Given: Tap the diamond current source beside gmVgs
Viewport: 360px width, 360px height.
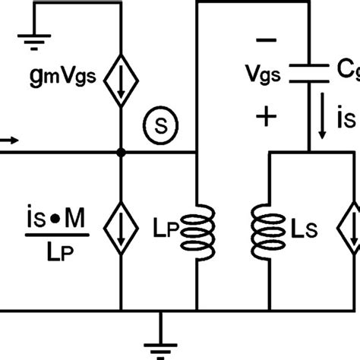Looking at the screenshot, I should point(122,77).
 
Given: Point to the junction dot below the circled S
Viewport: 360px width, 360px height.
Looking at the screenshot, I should point(122,152).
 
